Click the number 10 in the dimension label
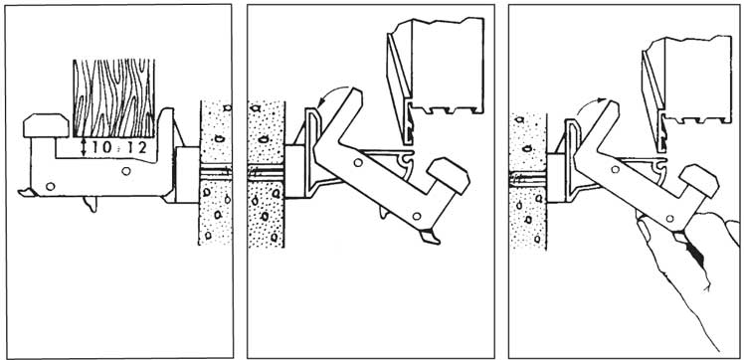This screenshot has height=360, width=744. pos(102,147)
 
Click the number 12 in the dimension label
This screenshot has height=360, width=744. pos(136,147)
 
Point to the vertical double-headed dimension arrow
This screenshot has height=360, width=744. pos(84,147)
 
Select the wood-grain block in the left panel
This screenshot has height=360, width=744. pos(113,98)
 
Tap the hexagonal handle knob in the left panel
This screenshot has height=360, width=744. pos(46,125)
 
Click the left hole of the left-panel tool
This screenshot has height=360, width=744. pos(51,187)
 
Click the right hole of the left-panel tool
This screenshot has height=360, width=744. pos(125,171)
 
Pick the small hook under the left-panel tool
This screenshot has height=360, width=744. pos(91,204)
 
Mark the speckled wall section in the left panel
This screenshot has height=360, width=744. pos(215,172)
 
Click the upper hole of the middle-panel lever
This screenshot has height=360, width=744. pos(358,163)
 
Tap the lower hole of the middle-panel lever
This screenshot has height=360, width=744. pos(417,216)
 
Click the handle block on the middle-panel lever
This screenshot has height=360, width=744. pos(449,175)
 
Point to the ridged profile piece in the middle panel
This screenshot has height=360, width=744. pos(436,81)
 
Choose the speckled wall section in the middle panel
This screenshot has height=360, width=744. pos(266,174)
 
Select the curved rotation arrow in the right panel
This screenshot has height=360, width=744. pos(590,105)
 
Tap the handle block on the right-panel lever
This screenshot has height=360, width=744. pos(699,181)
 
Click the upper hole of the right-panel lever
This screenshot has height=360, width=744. pos(615,169)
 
